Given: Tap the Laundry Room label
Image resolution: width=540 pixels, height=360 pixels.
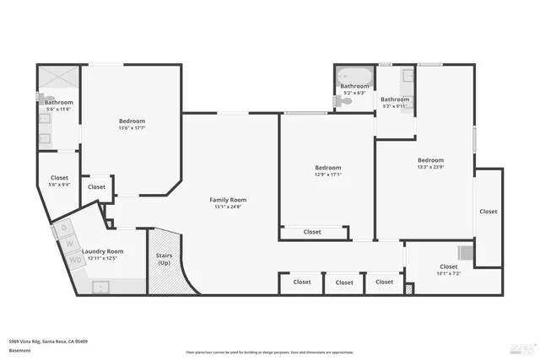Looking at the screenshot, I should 103,251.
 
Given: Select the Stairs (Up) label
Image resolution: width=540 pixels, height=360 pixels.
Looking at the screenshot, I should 165,259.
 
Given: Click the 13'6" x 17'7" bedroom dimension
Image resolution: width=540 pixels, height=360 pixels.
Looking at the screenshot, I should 132,129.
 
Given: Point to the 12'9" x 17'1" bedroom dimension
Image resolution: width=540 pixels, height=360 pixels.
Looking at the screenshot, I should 327,175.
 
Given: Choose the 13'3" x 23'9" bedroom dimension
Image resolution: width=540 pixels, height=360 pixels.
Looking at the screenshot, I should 430,168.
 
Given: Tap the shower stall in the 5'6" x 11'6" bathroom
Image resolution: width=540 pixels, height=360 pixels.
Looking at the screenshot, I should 58,79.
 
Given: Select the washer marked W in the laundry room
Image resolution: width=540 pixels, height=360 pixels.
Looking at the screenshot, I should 71,244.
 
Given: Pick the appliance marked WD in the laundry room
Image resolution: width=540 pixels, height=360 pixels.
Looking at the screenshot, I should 75,260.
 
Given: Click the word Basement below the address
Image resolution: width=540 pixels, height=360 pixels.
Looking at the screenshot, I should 19,349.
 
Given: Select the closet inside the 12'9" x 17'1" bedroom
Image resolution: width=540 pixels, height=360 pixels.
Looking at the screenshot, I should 312,232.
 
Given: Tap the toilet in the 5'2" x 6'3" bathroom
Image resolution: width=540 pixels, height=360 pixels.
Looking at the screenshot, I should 342,101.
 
